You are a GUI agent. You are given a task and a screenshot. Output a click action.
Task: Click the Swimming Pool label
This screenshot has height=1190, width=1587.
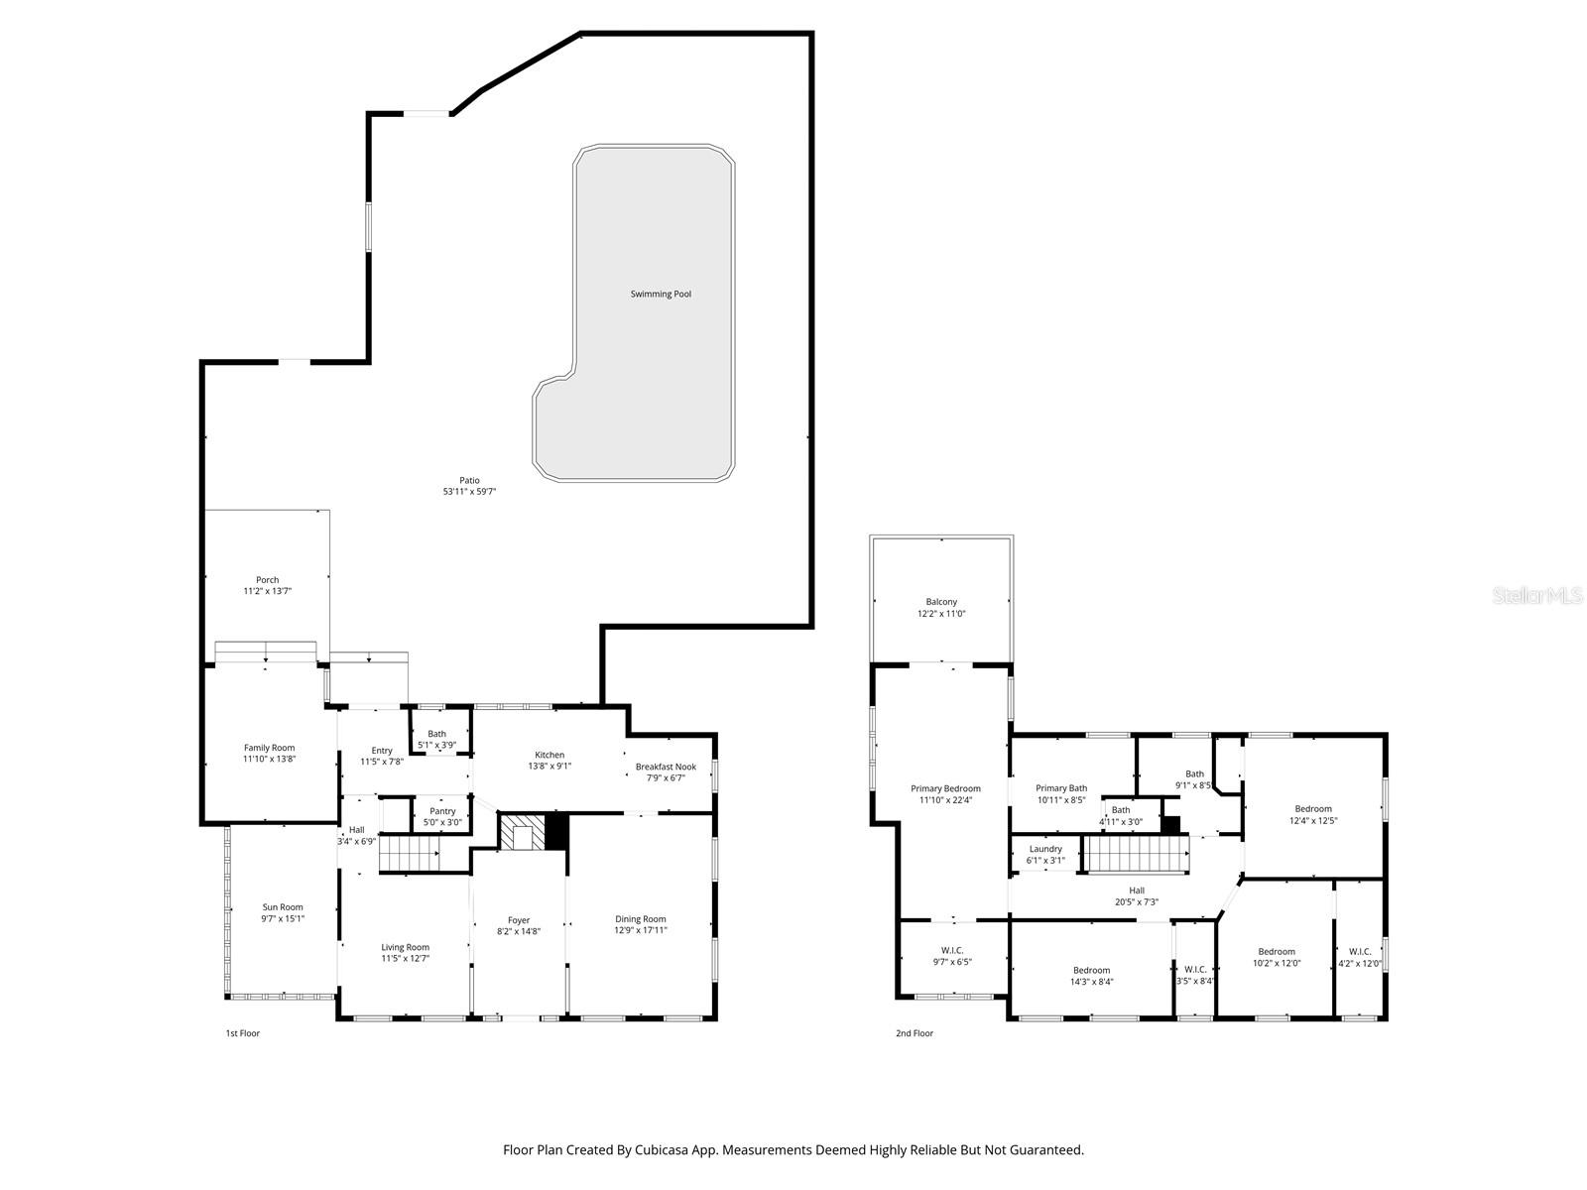click(661, 294)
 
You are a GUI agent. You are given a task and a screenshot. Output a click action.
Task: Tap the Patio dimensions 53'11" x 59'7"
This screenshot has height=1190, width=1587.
click(469, 492)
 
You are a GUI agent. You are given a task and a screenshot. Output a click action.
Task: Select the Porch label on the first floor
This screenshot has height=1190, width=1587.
click(267, 580)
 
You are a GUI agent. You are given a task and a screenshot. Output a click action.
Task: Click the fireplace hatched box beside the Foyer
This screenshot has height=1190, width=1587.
click(521, 832)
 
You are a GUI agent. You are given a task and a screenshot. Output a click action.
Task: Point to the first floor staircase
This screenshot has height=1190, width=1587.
click(411, 853)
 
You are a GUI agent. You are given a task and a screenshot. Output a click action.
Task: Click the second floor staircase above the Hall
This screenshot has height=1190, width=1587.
click(1137, 854)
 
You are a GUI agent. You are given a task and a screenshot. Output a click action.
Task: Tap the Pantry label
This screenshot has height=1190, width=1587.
click(442, 811)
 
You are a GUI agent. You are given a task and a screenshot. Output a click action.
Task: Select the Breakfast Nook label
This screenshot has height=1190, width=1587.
click(666, 767)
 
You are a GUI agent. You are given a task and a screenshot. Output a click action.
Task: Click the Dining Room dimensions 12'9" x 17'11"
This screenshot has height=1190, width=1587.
click(640, 930)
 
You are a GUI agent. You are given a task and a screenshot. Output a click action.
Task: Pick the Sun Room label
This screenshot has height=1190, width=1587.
click(283, 907)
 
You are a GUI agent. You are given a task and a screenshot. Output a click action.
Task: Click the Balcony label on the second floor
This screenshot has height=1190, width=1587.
click(941, 602)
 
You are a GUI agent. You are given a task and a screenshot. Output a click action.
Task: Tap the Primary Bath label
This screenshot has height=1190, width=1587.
click(1061, 788)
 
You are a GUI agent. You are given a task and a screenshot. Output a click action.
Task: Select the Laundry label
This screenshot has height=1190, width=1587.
click(1045, 849)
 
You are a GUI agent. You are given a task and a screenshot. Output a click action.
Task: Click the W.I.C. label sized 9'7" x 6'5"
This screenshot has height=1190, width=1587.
click(951, 950)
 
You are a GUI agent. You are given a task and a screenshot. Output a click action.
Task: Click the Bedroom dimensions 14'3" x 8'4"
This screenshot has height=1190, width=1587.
click(1091, 982)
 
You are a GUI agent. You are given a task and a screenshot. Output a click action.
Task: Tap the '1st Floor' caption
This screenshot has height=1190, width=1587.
click(242, 1033)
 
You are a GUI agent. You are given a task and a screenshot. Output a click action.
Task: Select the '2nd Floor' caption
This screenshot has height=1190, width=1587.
click(915, 1033)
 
